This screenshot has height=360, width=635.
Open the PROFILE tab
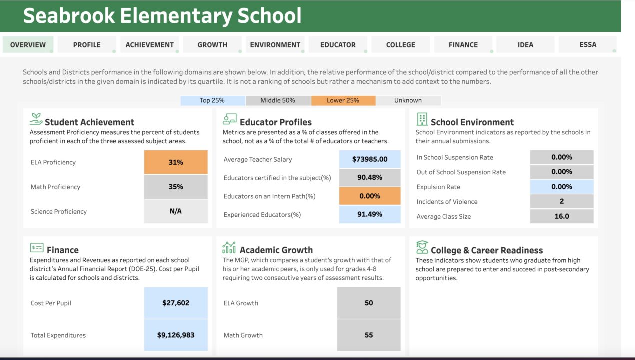tap(87, 45)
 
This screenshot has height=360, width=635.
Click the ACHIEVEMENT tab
tap(149, 45)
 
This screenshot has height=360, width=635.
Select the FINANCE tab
tap(463, 45)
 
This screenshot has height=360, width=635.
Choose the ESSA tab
tap(588, 45)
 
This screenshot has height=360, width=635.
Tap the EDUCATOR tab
tap(338, 45)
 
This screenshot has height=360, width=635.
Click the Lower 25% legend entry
tap(343, 100)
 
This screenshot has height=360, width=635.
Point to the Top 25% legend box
tap(212, 100)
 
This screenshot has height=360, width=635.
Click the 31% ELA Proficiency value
tap(176, 162)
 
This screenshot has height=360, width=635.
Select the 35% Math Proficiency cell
tap(176, 187)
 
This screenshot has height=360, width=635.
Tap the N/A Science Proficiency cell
tap(176, 211)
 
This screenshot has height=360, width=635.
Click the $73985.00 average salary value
tap(370, 159)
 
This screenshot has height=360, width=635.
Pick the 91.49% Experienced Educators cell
tap(370, 214)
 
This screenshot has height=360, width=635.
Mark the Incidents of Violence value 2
tap(562, 201)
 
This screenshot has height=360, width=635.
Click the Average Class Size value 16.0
tap(562, 216)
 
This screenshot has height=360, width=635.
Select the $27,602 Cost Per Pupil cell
tap(176, 303)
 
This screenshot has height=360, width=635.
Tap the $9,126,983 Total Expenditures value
tap(176, 335)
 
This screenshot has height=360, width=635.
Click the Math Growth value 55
tap(369, 335)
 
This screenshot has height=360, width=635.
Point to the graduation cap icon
tap(422, 247)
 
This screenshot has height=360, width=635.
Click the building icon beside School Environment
tap(422, 119)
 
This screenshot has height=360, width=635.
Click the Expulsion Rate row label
tap(438, 187)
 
